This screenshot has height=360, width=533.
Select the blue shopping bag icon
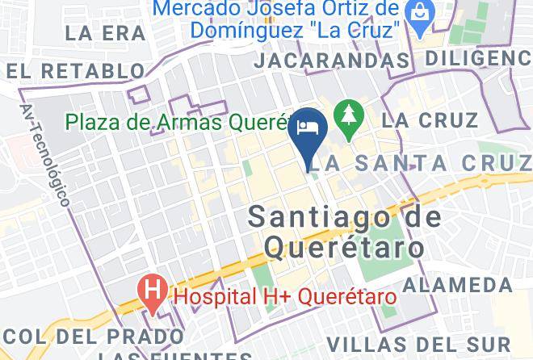[420, 12]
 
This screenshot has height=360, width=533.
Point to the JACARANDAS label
[331, 61]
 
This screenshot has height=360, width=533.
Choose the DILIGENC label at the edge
[478, 58]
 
